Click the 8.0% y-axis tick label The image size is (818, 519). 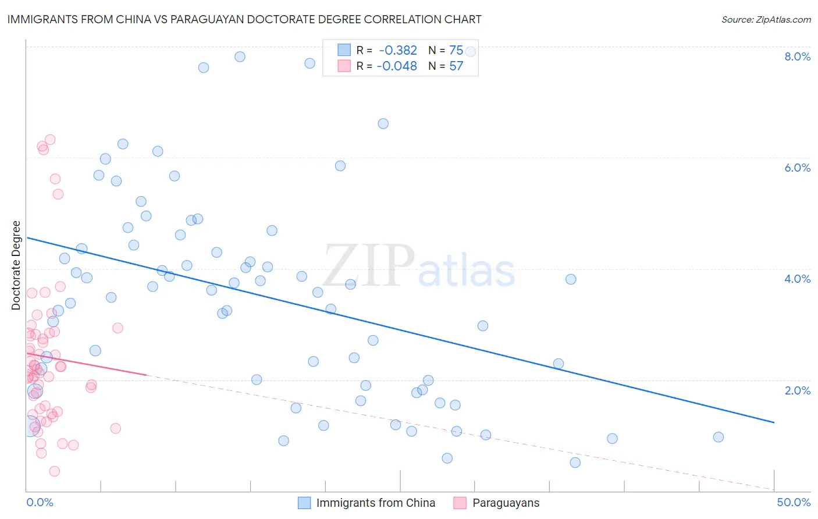click(797, 56)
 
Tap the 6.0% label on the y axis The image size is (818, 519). click(797, 168)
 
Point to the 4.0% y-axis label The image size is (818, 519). click(797, 279)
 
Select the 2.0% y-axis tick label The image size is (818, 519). click(797, 390)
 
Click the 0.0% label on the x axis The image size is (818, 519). click(40, 502)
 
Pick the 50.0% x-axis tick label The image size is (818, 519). click(793, 502)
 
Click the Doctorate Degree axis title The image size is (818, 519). click(16, 265)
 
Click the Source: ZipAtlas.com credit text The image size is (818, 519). click(766, 19)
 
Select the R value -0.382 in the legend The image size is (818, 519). click(398, 51)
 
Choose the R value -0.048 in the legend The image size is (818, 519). click(397, 66)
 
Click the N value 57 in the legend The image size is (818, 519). click(456, 66)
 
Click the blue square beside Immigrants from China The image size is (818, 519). click(304, 503)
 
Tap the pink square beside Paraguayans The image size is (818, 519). click(460, 503)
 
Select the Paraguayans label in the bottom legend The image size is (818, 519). click(506, 503)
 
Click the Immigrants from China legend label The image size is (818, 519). click(375, 503)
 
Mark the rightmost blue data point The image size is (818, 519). click(719, 437)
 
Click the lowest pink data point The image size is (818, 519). click(55, 471)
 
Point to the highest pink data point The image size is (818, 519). click(50, 140)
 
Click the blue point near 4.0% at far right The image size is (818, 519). click(571, 279)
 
